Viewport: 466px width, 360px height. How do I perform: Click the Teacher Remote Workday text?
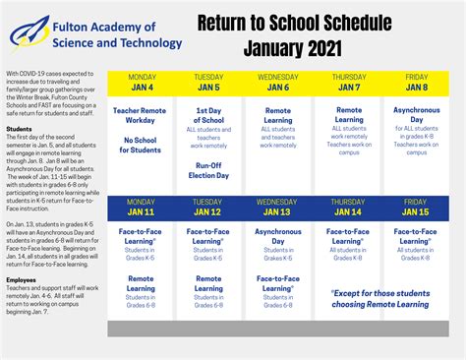142,116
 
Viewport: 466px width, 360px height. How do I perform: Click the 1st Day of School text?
208,116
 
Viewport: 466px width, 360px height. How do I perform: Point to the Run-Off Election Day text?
208,171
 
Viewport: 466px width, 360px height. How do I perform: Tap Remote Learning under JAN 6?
277,116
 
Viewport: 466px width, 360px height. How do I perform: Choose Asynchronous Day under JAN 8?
416,116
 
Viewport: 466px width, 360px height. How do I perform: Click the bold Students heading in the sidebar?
19,129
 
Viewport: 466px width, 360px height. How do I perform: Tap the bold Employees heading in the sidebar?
22,279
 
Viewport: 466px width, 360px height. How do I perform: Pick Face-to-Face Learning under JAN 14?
348,235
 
